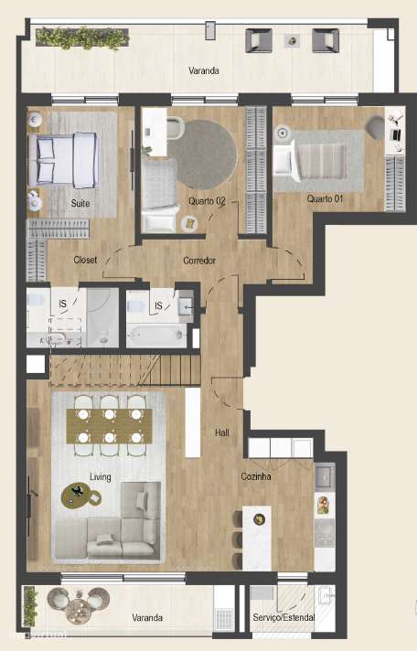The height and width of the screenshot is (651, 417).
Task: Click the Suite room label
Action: click(x=80, y=203)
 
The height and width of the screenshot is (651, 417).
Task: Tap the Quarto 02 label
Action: click(x=207, y=200)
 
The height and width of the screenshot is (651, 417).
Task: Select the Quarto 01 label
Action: click(x=325, y=198)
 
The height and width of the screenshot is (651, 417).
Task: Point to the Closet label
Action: click(x=85, y=260)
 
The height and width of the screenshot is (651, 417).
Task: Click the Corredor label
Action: click(x=199, y=261)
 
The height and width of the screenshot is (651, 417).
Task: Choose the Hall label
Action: click(x=222, y=432)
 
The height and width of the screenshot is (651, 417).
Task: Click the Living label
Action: click(x=101, y=476)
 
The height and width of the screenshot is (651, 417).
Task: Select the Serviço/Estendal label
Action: click(x=283, y=618)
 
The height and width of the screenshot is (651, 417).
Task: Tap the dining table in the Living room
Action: click(x=110, y=424)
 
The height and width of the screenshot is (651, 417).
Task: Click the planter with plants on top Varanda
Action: click(x=82, y=37)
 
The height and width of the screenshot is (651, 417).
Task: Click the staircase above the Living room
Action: click(x=123, y=370)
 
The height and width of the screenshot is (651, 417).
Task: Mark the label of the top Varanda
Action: click(x=204, y=70)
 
